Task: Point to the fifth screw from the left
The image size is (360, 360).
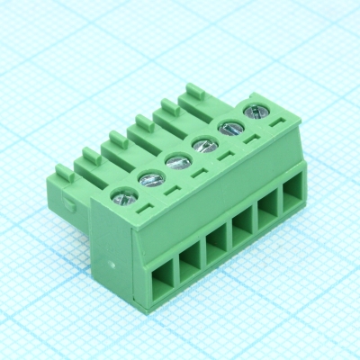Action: click(x=229, y=128)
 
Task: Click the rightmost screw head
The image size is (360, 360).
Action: click(x=256, y=112)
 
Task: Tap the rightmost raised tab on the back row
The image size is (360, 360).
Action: click(x=193, y=91)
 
